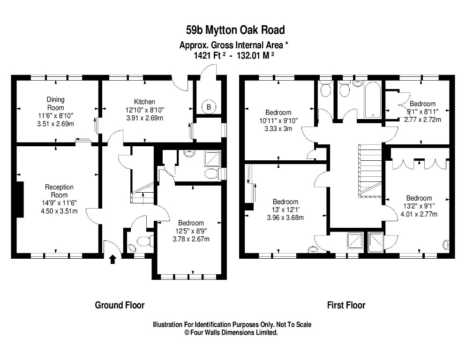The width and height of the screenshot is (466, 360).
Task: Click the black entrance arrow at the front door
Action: (113, 259)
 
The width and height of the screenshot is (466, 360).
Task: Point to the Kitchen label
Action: (144, 102)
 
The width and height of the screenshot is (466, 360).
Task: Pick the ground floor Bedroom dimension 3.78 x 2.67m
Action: (190, 239)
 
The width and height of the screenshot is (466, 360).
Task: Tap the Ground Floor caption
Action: (120, 305)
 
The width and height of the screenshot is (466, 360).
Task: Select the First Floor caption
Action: (346, 305)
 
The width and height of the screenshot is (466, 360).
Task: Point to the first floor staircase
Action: (370, 171)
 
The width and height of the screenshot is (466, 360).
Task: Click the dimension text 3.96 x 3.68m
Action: (285, 217)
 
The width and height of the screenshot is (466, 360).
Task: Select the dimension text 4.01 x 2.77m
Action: (419, 214)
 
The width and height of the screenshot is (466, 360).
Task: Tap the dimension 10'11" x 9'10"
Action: (278, 120)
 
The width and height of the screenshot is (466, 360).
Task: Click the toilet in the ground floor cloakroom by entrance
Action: (143, 241)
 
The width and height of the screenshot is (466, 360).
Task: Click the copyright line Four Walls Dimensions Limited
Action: (231, 332)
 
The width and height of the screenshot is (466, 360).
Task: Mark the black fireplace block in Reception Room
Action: (19, 199)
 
